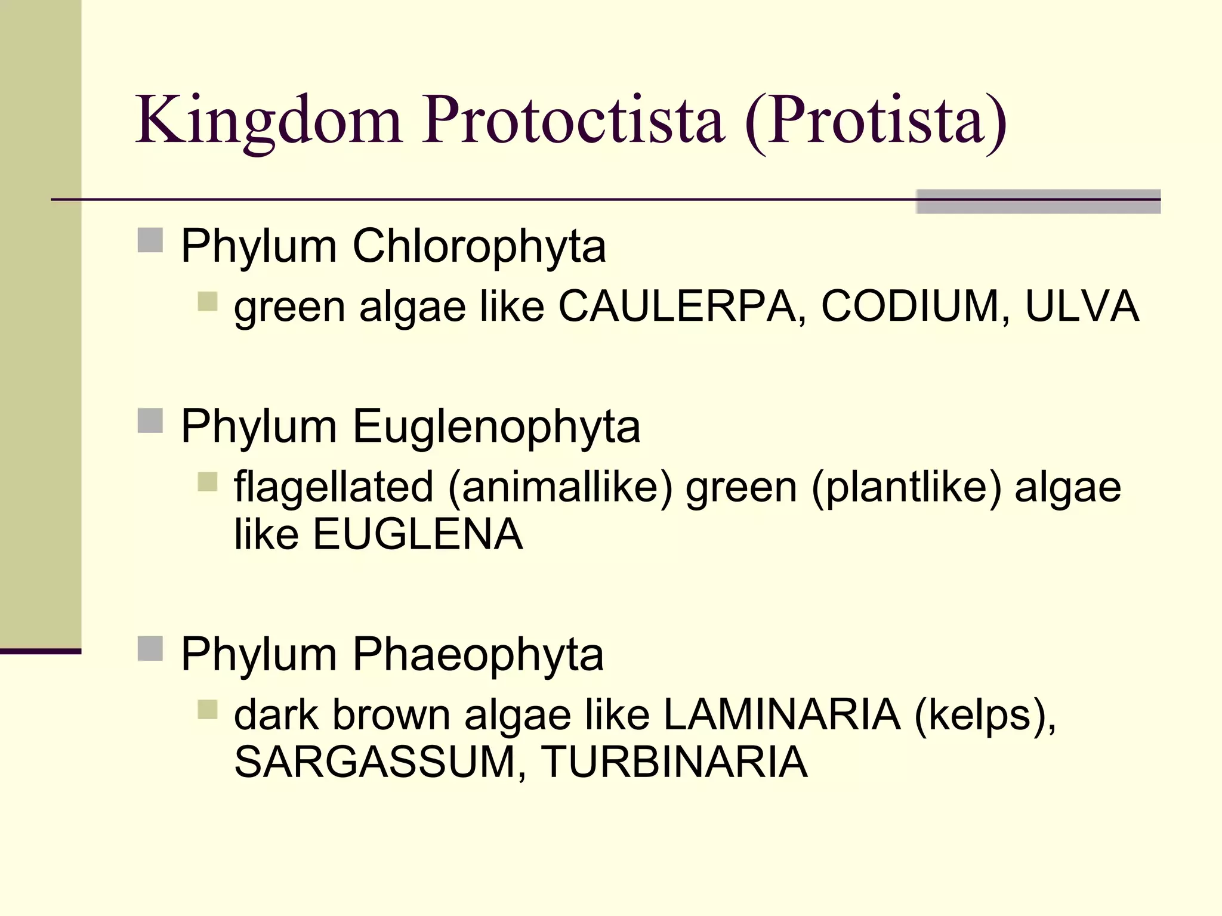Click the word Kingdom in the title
coord(269,121)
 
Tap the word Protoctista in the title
coord(574,121)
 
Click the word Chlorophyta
coord(479,246)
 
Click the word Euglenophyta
coord(496,427)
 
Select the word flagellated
coord(334,487)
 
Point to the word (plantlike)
coord(906,487)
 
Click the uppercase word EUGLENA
coord(418,534)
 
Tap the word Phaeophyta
coord(478,655)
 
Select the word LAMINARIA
coord(782,714)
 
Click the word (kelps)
coord(985,714)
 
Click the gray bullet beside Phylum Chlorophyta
coord(150,241)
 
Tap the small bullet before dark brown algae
coord(208,710)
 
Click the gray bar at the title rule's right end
coord(1038,202)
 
